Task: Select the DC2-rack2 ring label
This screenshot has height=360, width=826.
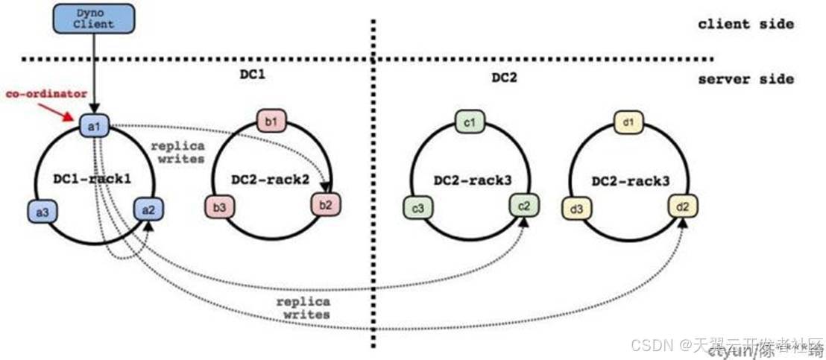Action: [270, 179]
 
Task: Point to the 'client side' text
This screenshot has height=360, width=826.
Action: [745, 25]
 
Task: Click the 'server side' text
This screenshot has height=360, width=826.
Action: [745, 79]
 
